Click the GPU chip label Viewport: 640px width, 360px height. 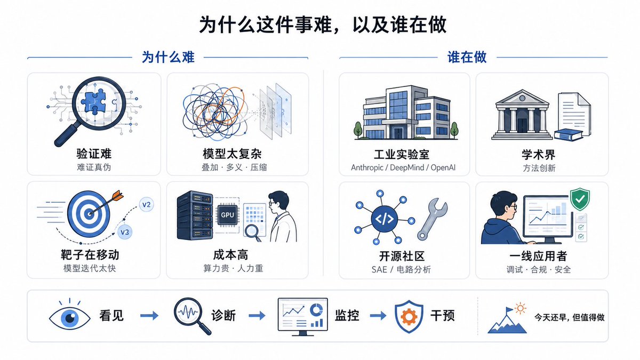pos(227,215)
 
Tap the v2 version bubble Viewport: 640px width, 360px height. pos(146,205)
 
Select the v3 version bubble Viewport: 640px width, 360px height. pos(125,232)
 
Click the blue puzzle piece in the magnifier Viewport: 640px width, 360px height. pos(93,101)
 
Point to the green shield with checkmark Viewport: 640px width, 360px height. pos(580,199)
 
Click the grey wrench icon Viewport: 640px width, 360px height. pos(431,219)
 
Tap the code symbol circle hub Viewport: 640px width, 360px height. pos(385,219)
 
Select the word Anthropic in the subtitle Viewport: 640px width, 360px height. pos(367,167)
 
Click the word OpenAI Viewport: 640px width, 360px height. pos(443,167)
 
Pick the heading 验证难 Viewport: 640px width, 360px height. pos(94,154)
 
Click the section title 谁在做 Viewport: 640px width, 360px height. pos(467,57)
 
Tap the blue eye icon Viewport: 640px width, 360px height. pos(70,317)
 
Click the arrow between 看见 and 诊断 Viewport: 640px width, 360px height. pos(149,315)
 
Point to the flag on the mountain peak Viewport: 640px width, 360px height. pos(509,310)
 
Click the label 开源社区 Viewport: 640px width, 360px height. pos(402,257)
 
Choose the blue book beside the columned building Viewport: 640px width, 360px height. pos(568,135)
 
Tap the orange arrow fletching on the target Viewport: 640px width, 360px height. pos(117,196)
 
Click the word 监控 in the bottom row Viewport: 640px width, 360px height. pos(347,316)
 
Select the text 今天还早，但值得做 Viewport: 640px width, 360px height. pos(569,317)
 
